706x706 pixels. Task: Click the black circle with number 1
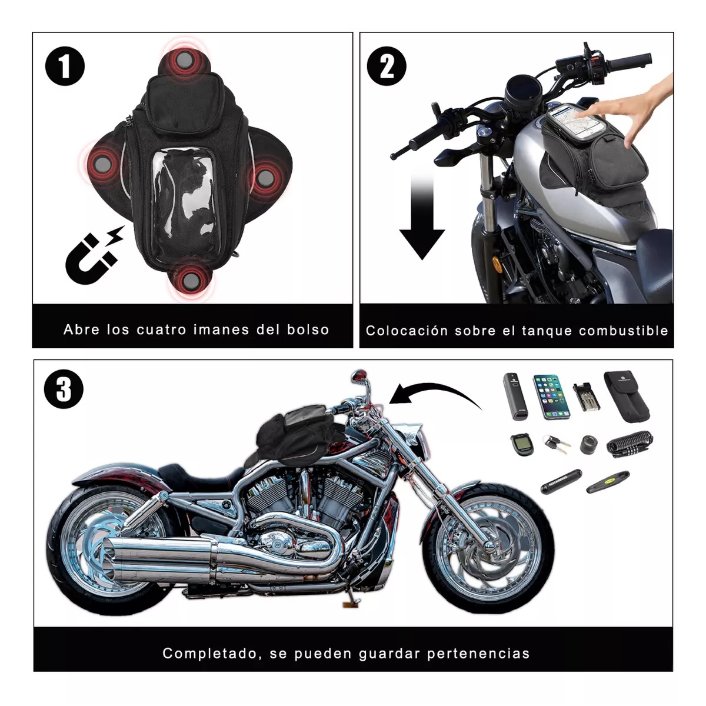pyautogui.click(x=65, y=66)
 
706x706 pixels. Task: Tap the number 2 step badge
pyautogui.click(x=387, y=66)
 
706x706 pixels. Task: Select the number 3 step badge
pyautogui.click(x=64, y=389)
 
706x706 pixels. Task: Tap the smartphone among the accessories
pyautogui.click(x=551, y=396)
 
